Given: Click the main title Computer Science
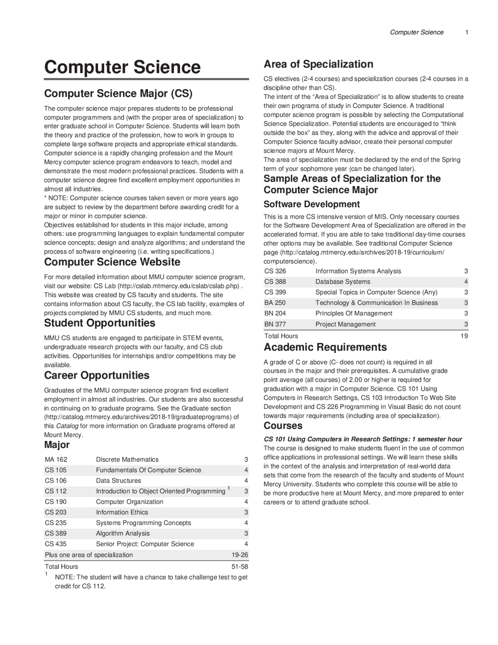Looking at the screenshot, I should tap(122, 67).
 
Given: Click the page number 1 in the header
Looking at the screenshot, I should tap(466, 32).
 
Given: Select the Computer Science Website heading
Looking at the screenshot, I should tap(112, 262).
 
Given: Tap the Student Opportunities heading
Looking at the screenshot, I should tap(100, 323).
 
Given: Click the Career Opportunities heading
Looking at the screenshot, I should tap(96, 375).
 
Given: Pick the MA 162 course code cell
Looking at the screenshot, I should tap(56, 460).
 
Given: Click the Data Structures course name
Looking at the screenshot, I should tap(118, 481).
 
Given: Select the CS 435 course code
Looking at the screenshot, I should tap(56, 544).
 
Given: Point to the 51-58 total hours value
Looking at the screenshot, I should tap(240, 567).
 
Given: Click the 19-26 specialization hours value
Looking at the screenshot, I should tap(240, 555).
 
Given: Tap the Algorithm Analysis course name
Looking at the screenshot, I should tap(123, 534).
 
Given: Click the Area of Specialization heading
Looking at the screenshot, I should tap(318, 64).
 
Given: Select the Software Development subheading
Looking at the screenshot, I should tap(312, 204).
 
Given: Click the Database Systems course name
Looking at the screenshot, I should tap(343, 282).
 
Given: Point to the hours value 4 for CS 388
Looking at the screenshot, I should tap(466, 282).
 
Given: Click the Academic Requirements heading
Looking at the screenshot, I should tap(325, 347).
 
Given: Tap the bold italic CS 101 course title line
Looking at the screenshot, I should tap(363, 439).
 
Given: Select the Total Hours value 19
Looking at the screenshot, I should tap(464, 336).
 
